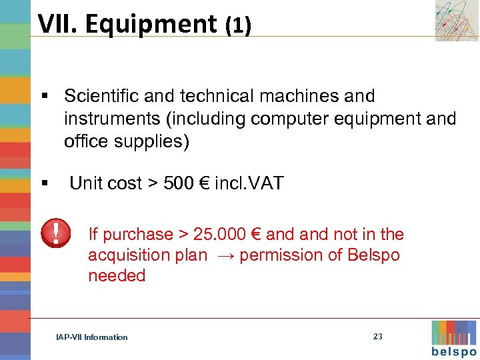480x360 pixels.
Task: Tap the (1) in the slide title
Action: (x=237, y=26)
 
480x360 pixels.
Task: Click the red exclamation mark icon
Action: (x=56, y=233)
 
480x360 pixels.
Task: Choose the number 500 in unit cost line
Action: (x=177, y=183)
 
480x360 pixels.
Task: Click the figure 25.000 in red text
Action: (x=221, y=234)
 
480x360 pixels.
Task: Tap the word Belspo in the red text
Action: (x=373, y=255)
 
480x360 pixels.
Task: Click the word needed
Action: (x=117, y=276)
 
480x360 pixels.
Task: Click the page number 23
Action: (x=378, y=337)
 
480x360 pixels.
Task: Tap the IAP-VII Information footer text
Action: (x=92, y=337)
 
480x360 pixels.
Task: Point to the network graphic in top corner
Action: (x=457, y=20)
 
